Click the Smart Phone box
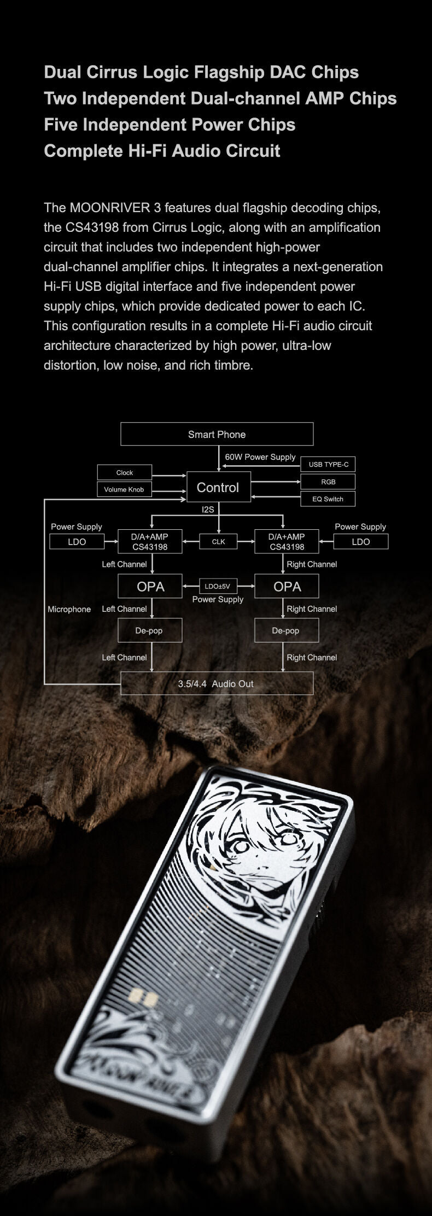(217, 434)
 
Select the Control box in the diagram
(219, 487)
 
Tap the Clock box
(125, 472)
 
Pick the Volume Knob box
(125, 489)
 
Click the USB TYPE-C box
(328, 464)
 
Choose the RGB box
(328, 482)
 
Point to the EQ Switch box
(328, 499)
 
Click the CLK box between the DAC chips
(218, 542)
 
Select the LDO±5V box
(218, 586)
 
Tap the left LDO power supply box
(77, 542)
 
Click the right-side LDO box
(361, 542)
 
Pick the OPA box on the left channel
(150, 586)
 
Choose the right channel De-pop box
(287, 630)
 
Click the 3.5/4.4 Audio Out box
(217, 683)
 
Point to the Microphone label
(69, 609)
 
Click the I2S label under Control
(208, 510)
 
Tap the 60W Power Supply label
(260, 457)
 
